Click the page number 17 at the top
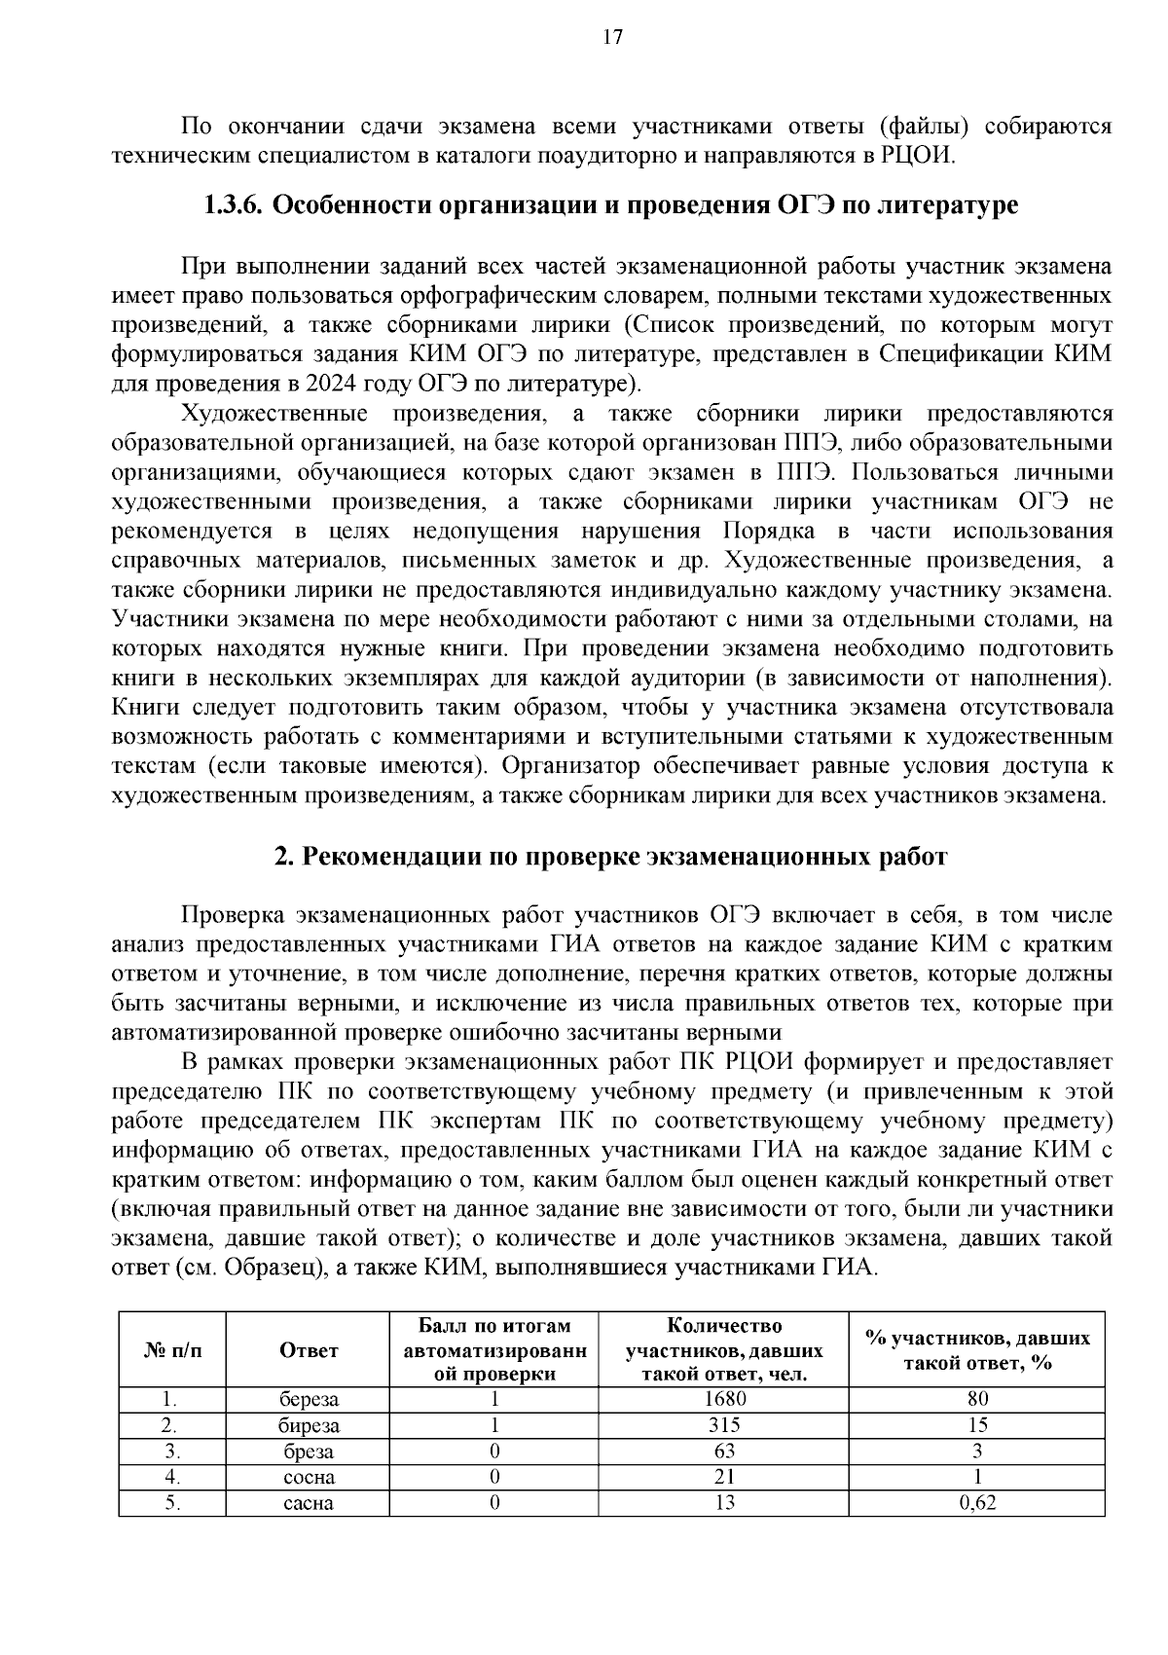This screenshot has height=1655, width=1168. point(612,37)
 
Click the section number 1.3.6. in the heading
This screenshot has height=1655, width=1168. point(233,206)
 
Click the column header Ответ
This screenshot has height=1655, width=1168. point(309,1349)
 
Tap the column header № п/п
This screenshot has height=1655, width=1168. point(172,1349)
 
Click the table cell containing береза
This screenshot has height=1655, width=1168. point(309,1399)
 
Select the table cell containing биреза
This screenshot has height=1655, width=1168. point(309,1425)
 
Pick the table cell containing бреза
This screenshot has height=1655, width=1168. point(309,1452)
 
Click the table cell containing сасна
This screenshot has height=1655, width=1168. point(309,1503)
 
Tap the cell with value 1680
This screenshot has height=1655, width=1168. point(723,1399)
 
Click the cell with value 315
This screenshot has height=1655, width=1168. point(723,1425)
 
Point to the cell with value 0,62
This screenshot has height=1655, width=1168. point(977,1503)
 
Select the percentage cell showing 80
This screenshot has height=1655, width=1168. point(977,1399)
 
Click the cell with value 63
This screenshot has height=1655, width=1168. point(723,1452)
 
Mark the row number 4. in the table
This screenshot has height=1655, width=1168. point(172,1477)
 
